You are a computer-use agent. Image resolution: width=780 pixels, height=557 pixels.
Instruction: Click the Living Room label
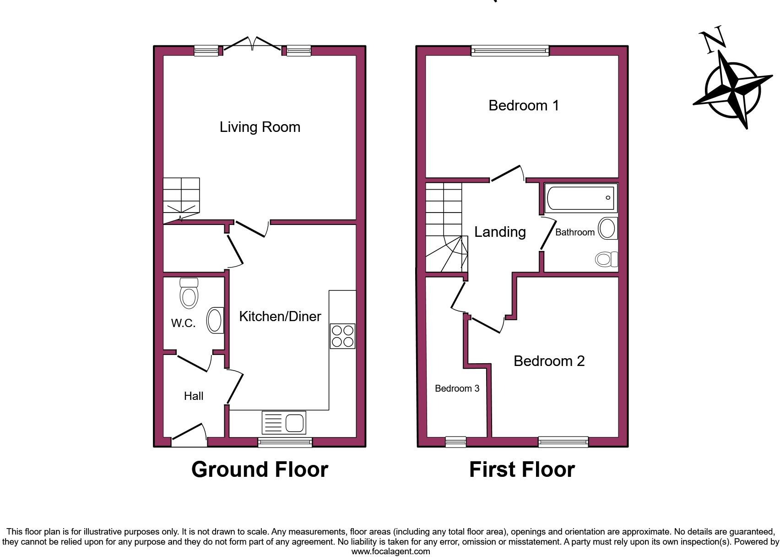(260, 127)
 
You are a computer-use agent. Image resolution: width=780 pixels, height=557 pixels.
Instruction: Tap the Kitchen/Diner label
(280, 316)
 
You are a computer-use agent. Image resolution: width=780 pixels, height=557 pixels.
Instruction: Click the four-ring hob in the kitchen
(342, 336)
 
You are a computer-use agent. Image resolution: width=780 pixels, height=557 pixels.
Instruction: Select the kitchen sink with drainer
(284, 422)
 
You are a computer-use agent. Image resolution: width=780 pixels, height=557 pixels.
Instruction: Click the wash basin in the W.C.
(215, 320)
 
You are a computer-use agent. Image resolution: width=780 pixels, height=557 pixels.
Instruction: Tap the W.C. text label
(183, 323)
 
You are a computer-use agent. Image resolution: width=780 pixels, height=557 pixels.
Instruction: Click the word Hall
(193, 396)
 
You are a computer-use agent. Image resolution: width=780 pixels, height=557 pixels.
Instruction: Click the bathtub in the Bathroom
(580, 198)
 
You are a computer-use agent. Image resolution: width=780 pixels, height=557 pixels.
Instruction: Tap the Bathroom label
(574, 232)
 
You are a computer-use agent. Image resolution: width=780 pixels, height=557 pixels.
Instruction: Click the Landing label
(499, 232)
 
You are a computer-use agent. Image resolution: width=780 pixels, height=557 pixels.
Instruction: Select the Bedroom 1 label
(524, 105)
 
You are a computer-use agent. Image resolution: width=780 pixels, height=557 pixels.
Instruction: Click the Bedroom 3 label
(457, 388)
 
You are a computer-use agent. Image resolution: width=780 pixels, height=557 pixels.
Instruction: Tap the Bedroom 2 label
(549, 361)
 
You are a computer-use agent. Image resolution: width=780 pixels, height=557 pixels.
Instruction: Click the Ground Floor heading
(260, 470)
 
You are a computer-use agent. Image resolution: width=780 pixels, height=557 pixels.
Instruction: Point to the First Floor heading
(522, 470)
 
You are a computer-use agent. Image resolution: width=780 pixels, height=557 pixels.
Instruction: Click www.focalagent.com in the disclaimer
(390, 552)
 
